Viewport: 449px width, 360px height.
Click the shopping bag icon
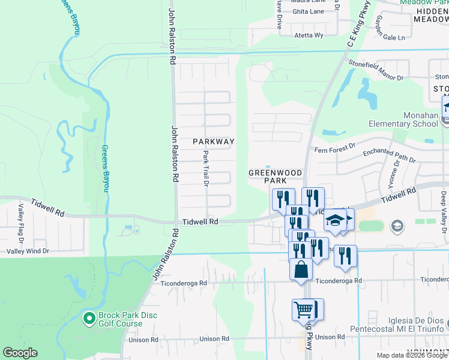[x=301, y=269]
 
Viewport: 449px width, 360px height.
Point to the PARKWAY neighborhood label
[x=212, y=142]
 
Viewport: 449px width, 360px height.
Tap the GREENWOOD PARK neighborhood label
[x=276, y=176]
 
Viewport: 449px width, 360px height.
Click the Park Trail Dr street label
[x=205, y=168]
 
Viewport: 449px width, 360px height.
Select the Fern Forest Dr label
[x=335, y=146]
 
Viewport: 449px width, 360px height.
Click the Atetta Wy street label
[x=309, y=35]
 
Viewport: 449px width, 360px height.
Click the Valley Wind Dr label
[x=28, y=251]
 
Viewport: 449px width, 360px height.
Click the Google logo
[x=20, y=353]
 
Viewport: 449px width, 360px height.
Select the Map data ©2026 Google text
[x=411, y=355]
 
